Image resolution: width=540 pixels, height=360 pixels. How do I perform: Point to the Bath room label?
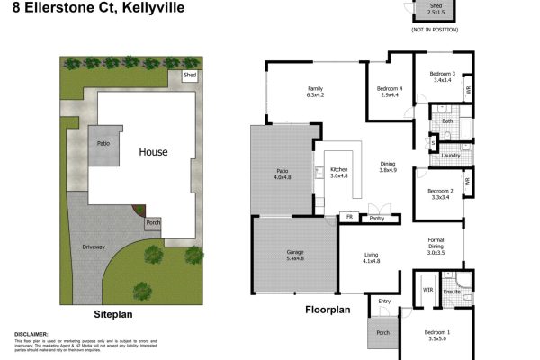pyautogui.click(x=446, y=120)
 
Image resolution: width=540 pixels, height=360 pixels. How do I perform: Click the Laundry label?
pyautogui.click(x=451, y=156)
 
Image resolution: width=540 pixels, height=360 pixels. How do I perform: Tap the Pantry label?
pyautogui.click(x=377, y=217)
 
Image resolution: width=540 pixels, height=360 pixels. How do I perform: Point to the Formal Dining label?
pyautogui.click(x=436, y=242)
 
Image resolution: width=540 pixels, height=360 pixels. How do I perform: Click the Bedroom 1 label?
pyautogui.click(x=439, y=332)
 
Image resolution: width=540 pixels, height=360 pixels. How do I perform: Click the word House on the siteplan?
pyautogui.click(x=153, y=152)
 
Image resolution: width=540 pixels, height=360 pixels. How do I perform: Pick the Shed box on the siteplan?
pyautogui.click(x=190, y=76)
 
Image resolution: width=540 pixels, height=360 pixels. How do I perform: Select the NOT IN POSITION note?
pyautogui.click(x=435, y=30)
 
